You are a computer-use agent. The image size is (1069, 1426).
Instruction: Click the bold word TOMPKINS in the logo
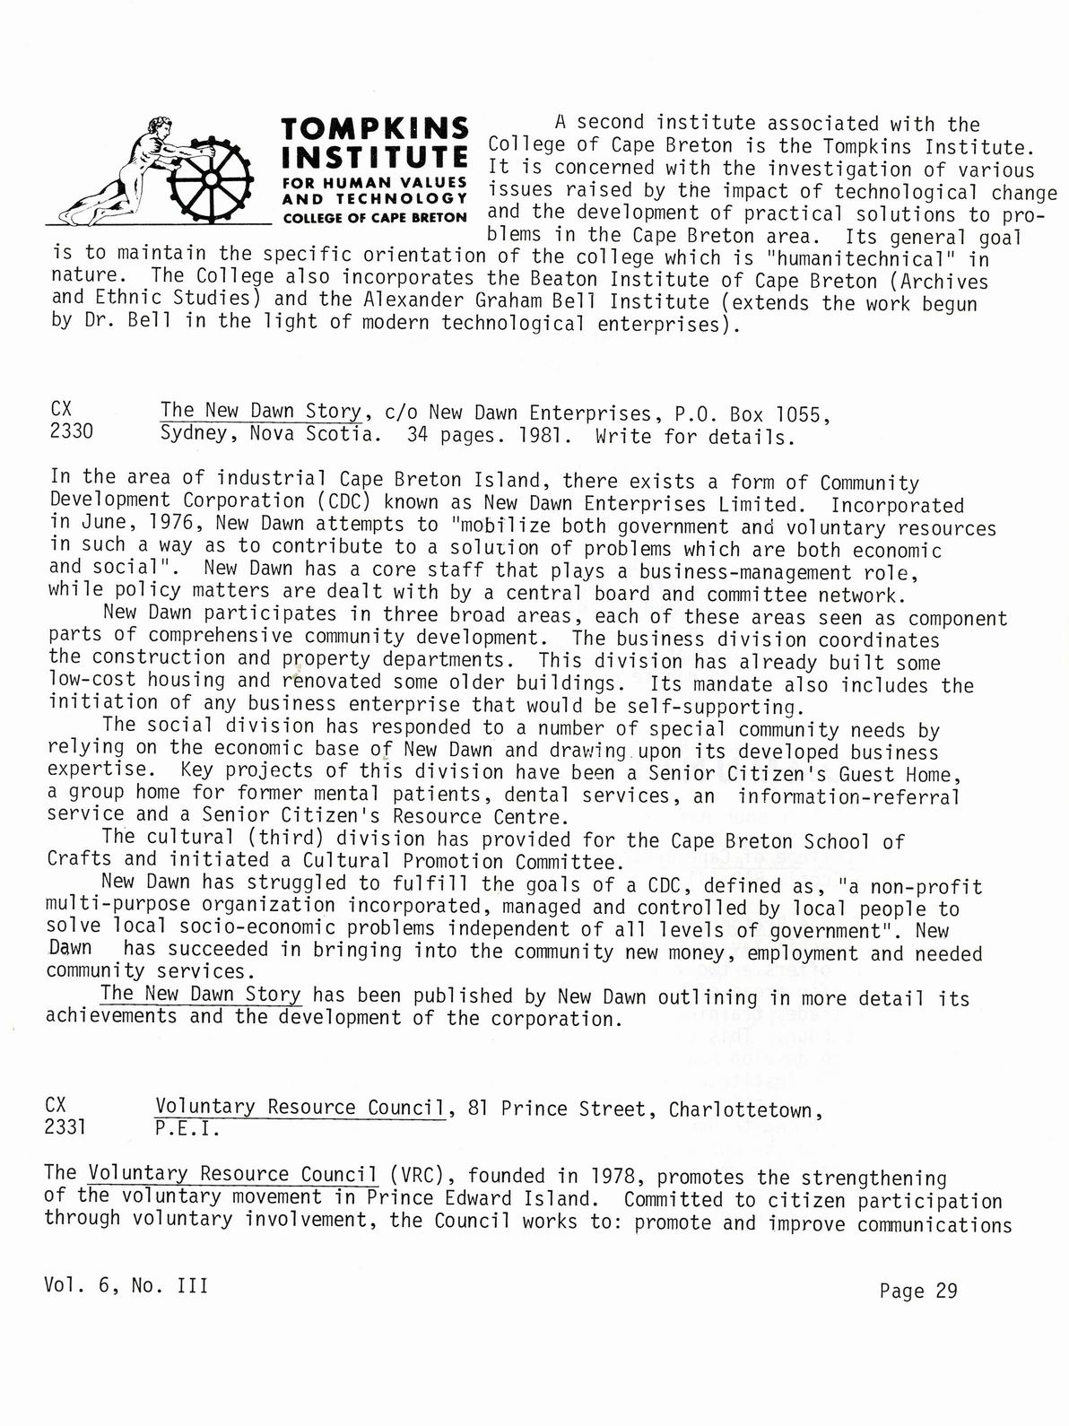coord(375,128)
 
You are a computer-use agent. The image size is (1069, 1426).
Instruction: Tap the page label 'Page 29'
coord(918,1291)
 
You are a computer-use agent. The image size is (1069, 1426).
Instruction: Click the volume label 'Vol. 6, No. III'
coord(126,1285)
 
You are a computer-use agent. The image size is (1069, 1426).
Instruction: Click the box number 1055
coord(800,414)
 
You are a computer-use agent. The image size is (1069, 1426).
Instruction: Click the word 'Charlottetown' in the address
coord(741,1109)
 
